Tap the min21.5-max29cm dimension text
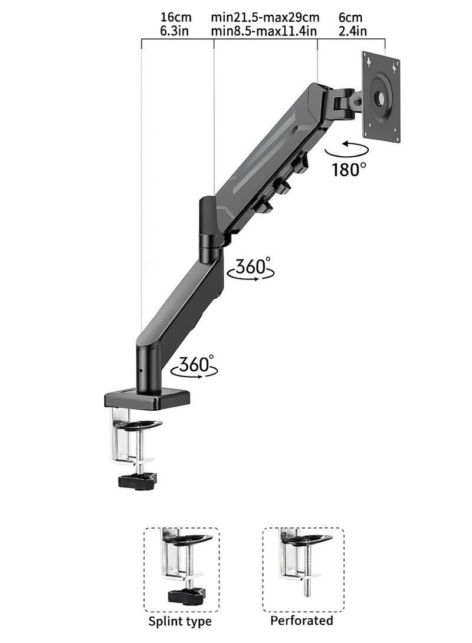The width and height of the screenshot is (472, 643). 265,18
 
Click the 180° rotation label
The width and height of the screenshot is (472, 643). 349,170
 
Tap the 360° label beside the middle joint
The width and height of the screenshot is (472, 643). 251,266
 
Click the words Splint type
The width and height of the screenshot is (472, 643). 181,621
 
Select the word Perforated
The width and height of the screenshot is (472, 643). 301,621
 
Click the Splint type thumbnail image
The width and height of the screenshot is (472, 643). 181,569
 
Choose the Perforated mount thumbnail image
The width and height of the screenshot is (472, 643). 302,569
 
